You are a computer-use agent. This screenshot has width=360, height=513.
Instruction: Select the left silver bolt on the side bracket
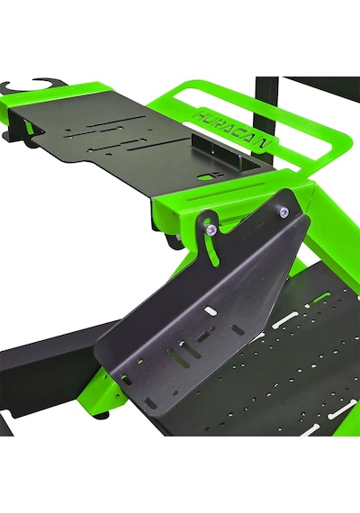(x=211, y=230)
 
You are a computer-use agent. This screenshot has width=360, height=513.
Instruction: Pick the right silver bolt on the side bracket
(x=283, y=211)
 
